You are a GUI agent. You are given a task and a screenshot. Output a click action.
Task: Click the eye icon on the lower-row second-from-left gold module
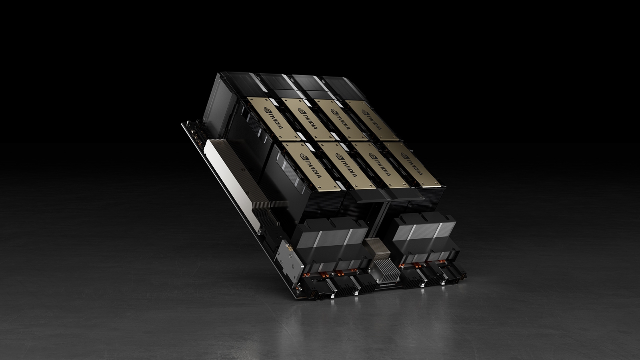pyautogui.click(x=338, y=156)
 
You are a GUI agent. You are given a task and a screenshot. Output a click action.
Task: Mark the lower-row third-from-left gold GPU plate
pyautogui.click(x=378, y=165)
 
